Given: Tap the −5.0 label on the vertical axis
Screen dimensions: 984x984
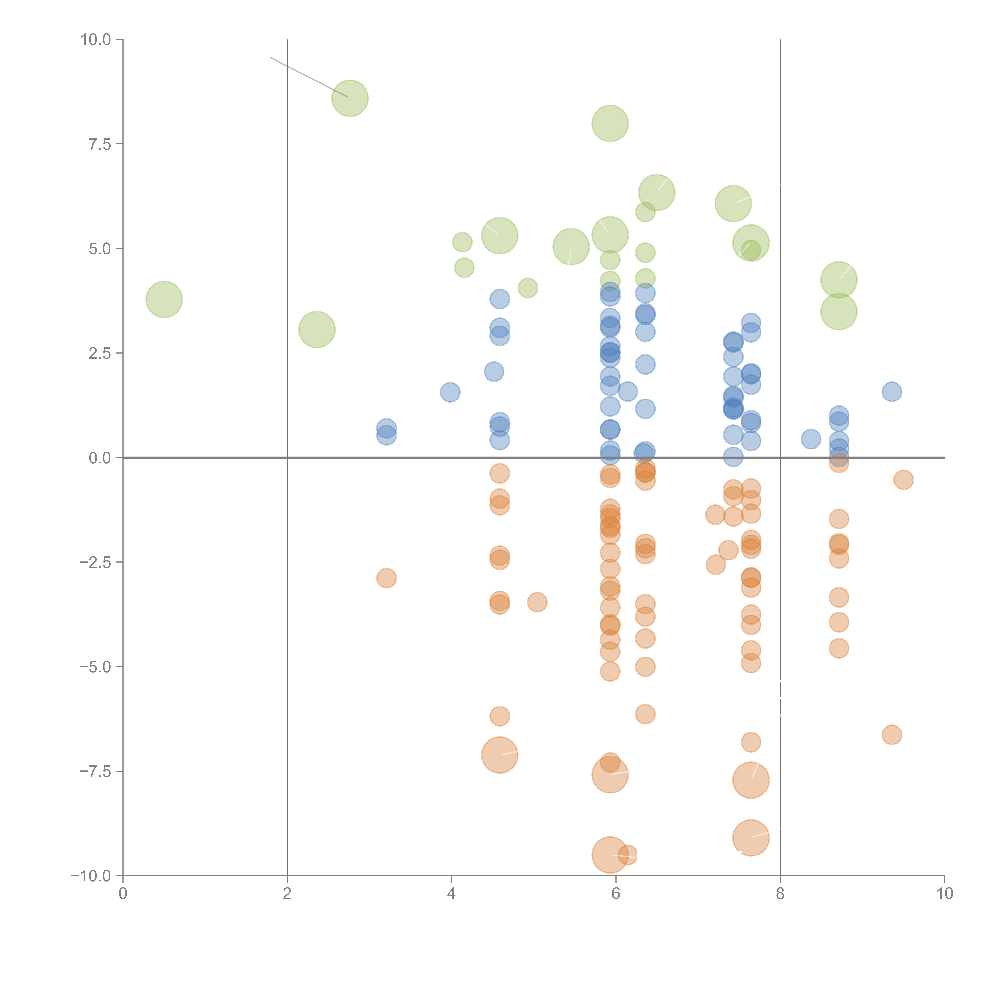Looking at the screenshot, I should [95, 667].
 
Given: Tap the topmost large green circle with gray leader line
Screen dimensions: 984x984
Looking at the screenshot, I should [350, 98].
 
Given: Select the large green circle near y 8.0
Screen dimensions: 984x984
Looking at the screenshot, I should [610, 123].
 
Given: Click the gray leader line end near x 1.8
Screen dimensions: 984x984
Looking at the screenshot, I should [270, 57].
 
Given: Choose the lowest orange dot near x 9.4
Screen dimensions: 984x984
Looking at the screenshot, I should [891, 734].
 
